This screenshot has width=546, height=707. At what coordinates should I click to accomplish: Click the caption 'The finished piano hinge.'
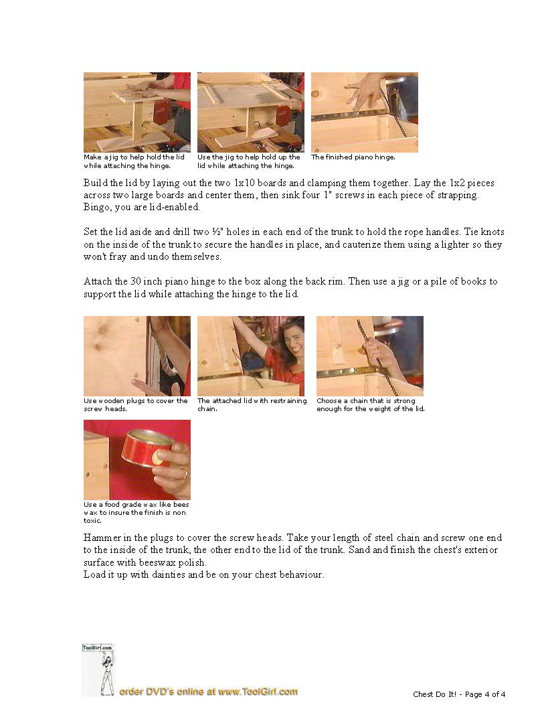[x=353, y=157]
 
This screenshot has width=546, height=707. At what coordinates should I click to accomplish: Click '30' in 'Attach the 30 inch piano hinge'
[x=136, y=281]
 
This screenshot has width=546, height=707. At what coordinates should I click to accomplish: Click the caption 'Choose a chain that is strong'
[x=366, y=400]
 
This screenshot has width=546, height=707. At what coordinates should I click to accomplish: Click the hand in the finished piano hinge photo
[x=363, y=92]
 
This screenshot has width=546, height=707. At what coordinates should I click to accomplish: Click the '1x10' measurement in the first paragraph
[x=244, y=183]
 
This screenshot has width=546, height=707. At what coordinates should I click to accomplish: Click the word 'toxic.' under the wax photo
[x=92, y=520]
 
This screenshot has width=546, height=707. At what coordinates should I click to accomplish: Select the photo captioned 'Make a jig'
[x=137, y=112]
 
